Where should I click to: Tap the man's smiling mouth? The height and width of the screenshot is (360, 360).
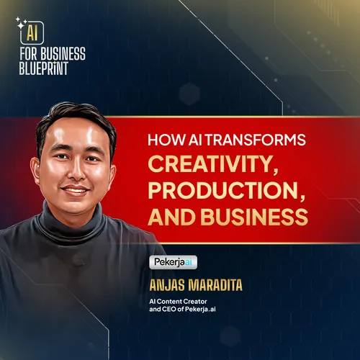pos(76,190)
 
